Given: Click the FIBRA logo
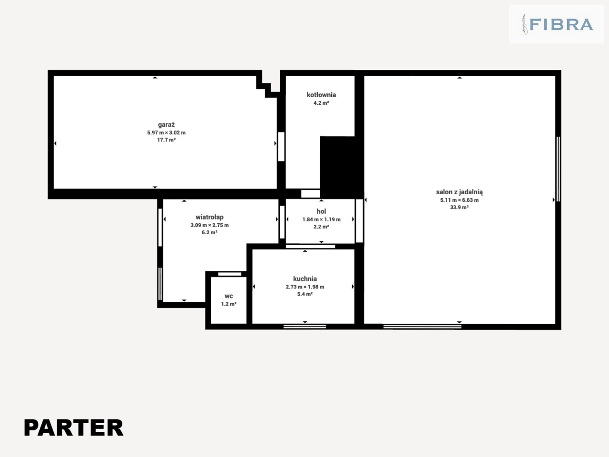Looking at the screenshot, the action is tap(557, 24).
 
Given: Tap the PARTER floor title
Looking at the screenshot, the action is tap(74, 427).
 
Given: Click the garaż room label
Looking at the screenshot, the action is tap(166, 125).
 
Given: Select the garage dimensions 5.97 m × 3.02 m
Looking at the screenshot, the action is tap(166, 133).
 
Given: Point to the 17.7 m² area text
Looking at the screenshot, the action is tap(166, 140).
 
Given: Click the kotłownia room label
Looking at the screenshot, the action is tap(321, 95).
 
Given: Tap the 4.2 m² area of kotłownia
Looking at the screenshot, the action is tap(321, 103).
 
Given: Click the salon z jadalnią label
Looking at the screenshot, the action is tap(459, 192).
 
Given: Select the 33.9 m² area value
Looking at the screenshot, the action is tap(459, 207).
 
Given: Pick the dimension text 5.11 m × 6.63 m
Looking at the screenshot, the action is tap(459, 200).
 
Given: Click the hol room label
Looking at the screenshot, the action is tap(321, 211).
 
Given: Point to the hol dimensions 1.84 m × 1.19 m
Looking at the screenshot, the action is tap(321, 219).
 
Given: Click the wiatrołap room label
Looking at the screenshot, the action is tap(209, 217).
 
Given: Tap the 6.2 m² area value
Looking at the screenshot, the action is tap(209, 232).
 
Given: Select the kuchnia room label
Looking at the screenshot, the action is tap(305, 279).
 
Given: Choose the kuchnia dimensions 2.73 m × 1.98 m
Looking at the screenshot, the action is tap(305, 287).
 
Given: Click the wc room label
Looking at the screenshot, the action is tap(229, 297).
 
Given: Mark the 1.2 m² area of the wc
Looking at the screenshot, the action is tap(229, 304).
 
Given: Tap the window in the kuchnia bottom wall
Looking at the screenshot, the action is tap(304, 327).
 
